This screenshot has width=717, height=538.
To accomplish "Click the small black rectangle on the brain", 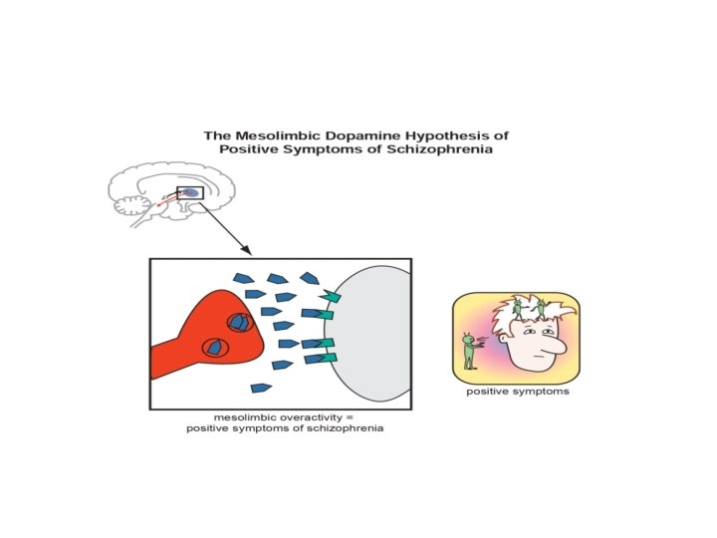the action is click(189, 192).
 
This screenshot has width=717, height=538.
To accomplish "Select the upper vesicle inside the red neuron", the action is click(238, 323).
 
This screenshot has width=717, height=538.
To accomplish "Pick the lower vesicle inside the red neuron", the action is click(215, 348).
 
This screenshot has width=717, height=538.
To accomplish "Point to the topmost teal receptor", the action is click(331, 296).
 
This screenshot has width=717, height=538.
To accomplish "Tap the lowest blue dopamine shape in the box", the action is click(262, 388).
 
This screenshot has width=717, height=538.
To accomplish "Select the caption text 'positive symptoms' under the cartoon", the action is click(518, 392).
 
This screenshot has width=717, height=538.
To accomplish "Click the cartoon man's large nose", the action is click(557, 346).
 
